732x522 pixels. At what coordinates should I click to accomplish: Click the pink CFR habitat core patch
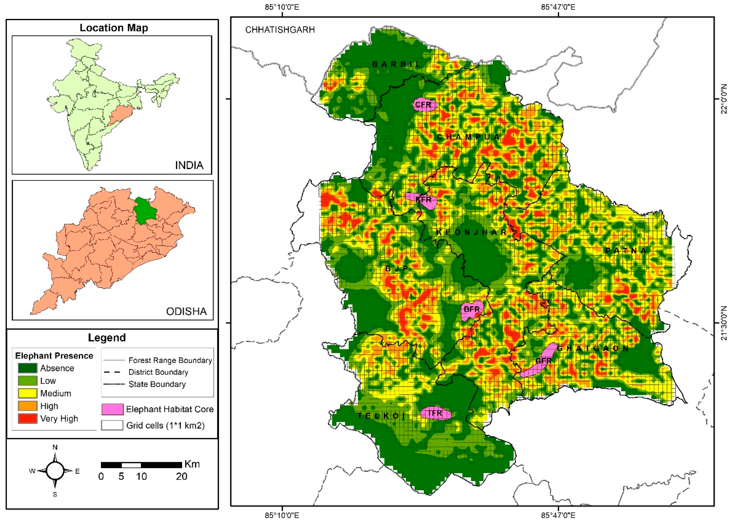[x=424, y=105]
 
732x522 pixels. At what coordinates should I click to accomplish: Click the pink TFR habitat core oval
[x=435, y=413]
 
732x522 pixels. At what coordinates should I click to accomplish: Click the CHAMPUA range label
[x=468, y=137]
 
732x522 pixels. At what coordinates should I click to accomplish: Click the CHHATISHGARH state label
[x=280, y=30]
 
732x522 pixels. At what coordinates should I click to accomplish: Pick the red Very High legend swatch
[x=27, y=419]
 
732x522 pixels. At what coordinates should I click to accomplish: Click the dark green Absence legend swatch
[x=27, y=368]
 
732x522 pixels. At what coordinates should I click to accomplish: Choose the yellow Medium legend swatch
[x=27, y=393]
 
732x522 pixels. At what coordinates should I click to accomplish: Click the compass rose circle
[x=55, y=471]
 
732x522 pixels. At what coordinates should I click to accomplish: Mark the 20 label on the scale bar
[x=181, y=476]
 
